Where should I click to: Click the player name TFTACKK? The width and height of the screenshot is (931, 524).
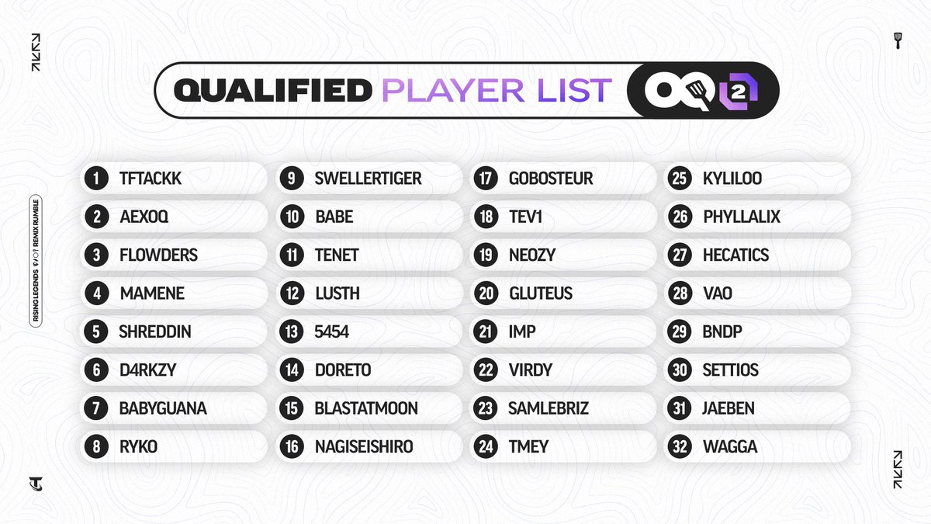(151, 179)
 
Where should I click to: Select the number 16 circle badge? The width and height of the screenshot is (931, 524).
(291, 447)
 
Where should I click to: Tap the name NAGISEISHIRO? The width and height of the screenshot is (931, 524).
(364, 447)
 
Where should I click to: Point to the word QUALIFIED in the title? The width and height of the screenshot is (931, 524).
(272, 91)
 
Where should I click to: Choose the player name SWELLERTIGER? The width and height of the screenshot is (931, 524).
(368, 179)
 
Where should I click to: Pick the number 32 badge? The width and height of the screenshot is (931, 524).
(680, 447)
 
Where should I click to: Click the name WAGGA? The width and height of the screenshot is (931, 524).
(730, 447)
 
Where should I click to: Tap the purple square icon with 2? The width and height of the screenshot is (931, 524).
(739, 92)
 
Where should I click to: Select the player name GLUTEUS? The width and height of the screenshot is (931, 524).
(541, 293)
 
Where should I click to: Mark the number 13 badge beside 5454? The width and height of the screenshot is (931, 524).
(291, 332)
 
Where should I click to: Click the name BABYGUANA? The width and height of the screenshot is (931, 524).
(163, 408)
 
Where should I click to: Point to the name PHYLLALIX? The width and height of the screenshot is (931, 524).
(742, 217)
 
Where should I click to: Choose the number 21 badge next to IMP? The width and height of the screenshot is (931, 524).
(486, 332)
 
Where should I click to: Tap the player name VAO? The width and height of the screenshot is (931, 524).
(718, 293)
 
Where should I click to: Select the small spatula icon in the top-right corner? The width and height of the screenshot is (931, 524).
(898, 40)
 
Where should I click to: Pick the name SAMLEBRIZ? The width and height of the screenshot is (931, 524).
(549, 408)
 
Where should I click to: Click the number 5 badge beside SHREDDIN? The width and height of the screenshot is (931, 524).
(96, 332)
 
